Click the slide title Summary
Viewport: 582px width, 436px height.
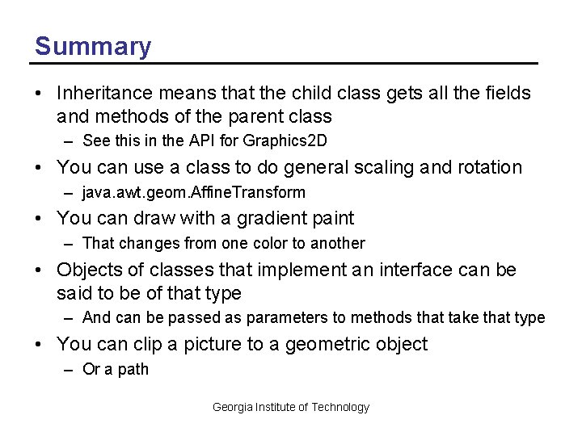point(92,46)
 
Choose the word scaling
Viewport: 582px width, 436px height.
point(353,167)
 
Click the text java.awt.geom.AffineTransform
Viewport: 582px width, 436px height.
point(194,192)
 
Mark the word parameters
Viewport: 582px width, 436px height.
point(285,318)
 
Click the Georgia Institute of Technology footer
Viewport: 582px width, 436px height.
point(290,407)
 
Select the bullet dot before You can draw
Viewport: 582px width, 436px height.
point(40,218)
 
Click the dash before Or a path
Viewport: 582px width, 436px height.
point(71,370)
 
